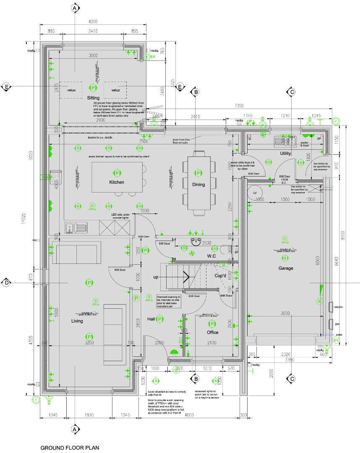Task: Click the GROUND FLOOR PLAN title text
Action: (x=70, y=448)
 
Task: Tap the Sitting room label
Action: (x=93, y=98)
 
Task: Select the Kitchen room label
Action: (x=117, y=182)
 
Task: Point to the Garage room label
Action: (x=286, y=268)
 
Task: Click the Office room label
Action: (x=212, y=332)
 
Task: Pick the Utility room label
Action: (x=285, y=154)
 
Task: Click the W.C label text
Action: (x=211, y=256)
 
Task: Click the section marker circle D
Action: (x=7, y=283)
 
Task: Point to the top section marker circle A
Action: (x=75, y=8)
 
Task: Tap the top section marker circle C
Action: (x=291, y=92)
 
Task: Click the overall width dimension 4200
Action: (x=93, y=22)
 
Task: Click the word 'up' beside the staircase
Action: (x=156, y=277)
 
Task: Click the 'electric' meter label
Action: (x=339, y=307)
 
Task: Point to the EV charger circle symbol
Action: (x=336, y=340)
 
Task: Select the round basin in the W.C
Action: (x=196, y=242)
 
